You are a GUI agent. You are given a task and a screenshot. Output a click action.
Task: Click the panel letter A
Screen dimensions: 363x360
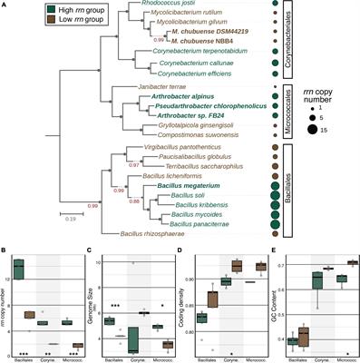5,5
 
